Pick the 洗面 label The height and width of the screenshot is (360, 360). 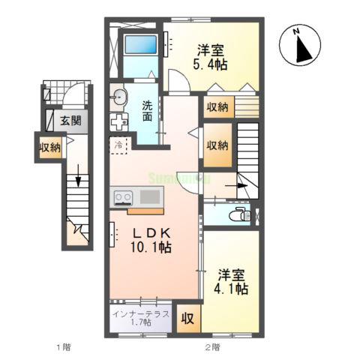click(x=147, y=110)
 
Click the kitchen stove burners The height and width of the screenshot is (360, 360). click(x=123, y=197)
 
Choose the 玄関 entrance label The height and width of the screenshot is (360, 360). click(x=71, y=120)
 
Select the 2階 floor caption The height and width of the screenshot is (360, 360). click(x=212, y=346)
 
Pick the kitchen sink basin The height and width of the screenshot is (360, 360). click(x=148, y=197)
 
